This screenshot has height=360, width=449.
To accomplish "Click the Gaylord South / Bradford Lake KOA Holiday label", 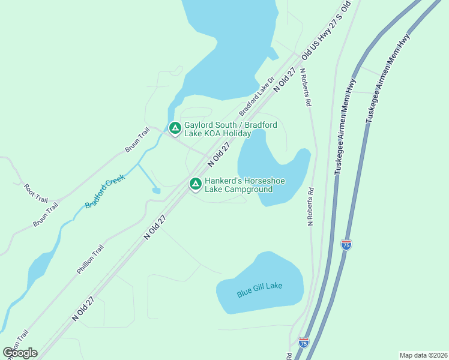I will point(231,129).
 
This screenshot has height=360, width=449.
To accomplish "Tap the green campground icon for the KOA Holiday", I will point(175,128).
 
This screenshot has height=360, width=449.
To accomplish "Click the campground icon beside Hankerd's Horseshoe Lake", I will point(195,184).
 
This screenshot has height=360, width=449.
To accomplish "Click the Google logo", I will point(20,353).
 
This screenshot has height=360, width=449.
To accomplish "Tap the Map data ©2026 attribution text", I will point(423,355).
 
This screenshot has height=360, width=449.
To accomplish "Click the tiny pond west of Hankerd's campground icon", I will point(156,191).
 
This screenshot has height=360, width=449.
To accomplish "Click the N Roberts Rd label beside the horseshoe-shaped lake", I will point(310,206).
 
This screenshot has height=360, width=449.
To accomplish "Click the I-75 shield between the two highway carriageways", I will point(346,244).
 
